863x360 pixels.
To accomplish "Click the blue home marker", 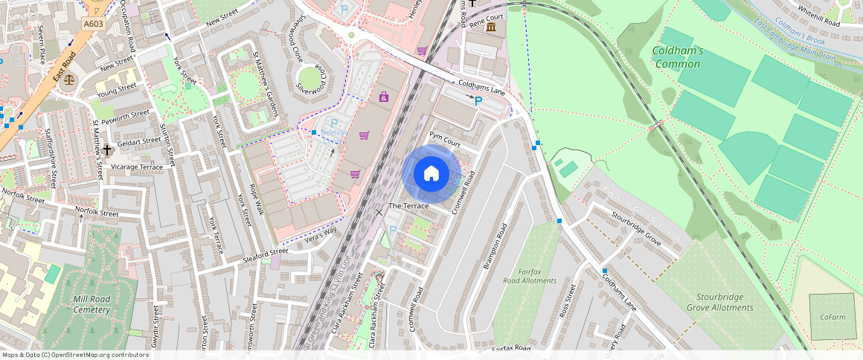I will [431, 173].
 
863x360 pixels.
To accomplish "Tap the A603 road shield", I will [94, 24].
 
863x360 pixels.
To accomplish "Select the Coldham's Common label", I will [678, 57].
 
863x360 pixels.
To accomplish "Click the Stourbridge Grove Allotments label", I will [719, 303].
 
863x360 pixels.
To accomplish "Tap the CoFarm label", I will [832, 317].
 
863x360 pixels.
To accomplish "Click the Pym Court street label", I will [445, 138].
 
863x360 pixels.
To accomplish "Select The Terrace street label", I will [408, 205].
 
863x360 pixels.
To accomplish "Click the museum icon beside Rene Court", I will [491, 28].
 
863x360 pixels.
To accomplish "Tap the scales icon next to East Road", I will [69, 78].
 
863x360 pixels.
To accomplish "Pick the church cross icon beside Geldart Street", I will [107, 150].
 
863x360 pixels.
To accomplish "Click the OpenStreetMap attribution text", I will [74, 355].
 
